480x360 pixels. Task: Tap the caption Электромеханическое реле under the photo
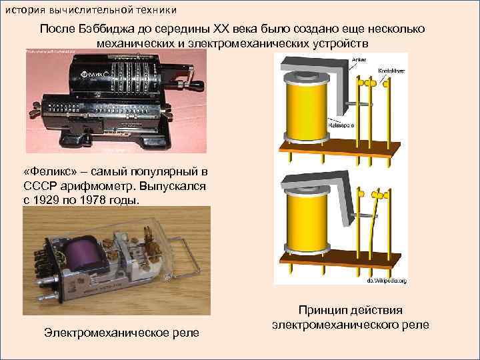coord(121,332)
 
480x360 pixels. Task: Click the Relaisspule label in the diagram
coord(341,125)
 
